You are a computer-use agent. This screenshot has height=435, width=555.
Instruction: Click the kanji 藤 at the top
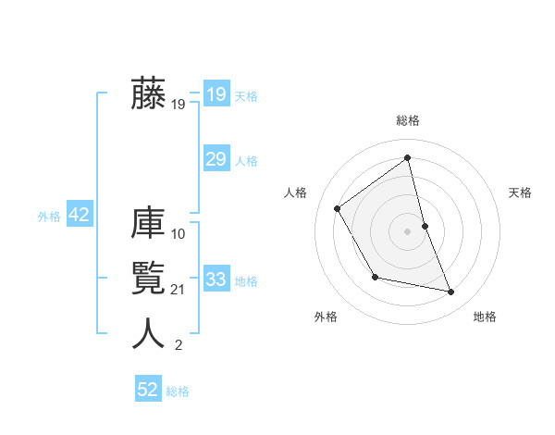[148, 94]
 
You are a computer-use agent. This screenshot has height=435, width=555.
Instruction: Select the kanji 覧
[148, 279]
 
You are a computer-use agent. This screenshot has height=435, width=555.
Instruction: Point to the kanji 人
[148, 333]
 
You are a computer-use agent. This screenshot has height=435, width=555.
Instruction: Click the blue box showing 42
[79, 216]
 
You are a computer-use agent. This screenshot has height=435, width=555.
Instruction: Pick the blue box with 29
[216, 159]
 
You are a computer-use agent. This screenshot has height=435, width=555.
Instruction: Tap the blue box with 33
[216, 280]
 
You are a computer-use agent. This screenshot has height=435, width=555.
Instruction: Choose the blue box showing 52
[148, 390]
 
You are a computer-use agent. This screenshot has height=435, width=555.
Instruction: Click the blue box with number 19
[216, 94]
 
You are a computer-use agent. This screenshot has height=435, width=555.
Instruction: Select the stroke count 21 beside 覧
[179, 290]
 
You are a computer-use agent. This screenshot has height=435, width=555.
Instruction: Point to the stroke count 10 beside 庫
[179, 234]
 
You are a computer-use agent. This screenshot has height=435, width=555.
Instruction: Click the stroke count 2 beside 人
[179, 345]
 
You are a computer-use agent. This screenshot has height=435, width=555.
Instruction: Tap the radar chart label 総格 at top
[408, 120]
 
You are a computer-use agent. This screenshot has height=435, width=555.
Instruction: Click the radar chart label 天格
[521, 193]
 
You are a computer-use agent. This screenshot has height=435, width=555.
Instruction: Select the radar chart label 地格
[485, 317]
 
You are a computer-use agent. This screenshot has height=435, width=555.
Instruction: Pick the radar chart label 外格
[326, 317]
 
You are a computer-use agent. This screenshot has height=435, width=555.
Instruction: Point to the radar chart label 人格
[295, 193]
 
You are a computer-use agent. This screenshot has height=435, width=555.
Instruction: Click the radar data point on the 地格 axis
[451, 292]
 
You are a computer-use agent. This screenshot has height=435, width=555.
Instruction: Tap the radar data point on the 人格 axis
[338, 208]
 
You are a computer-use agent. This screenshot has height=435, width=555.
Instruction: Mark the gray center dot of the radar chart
[408, 230]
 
